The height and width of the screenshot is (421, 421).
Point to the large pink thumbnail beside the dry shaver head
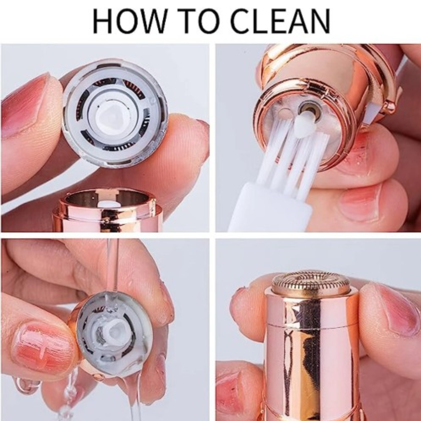pos(23,105)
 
